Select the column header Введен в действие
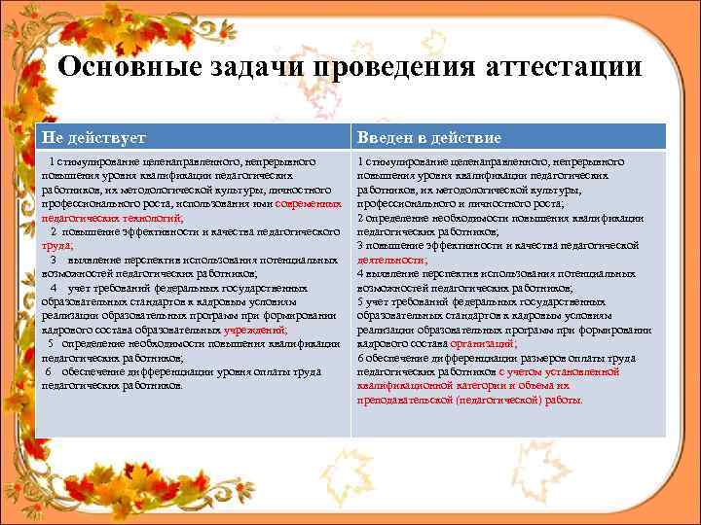tap(429, 137)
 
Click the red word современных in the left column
tap(309, 204)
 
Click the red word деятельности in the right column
tap(390, 260)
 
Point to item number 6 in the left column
tap(49, 371)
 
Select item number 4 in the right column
tap(361, 273)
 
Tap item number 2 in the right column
tap(361, 218)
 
